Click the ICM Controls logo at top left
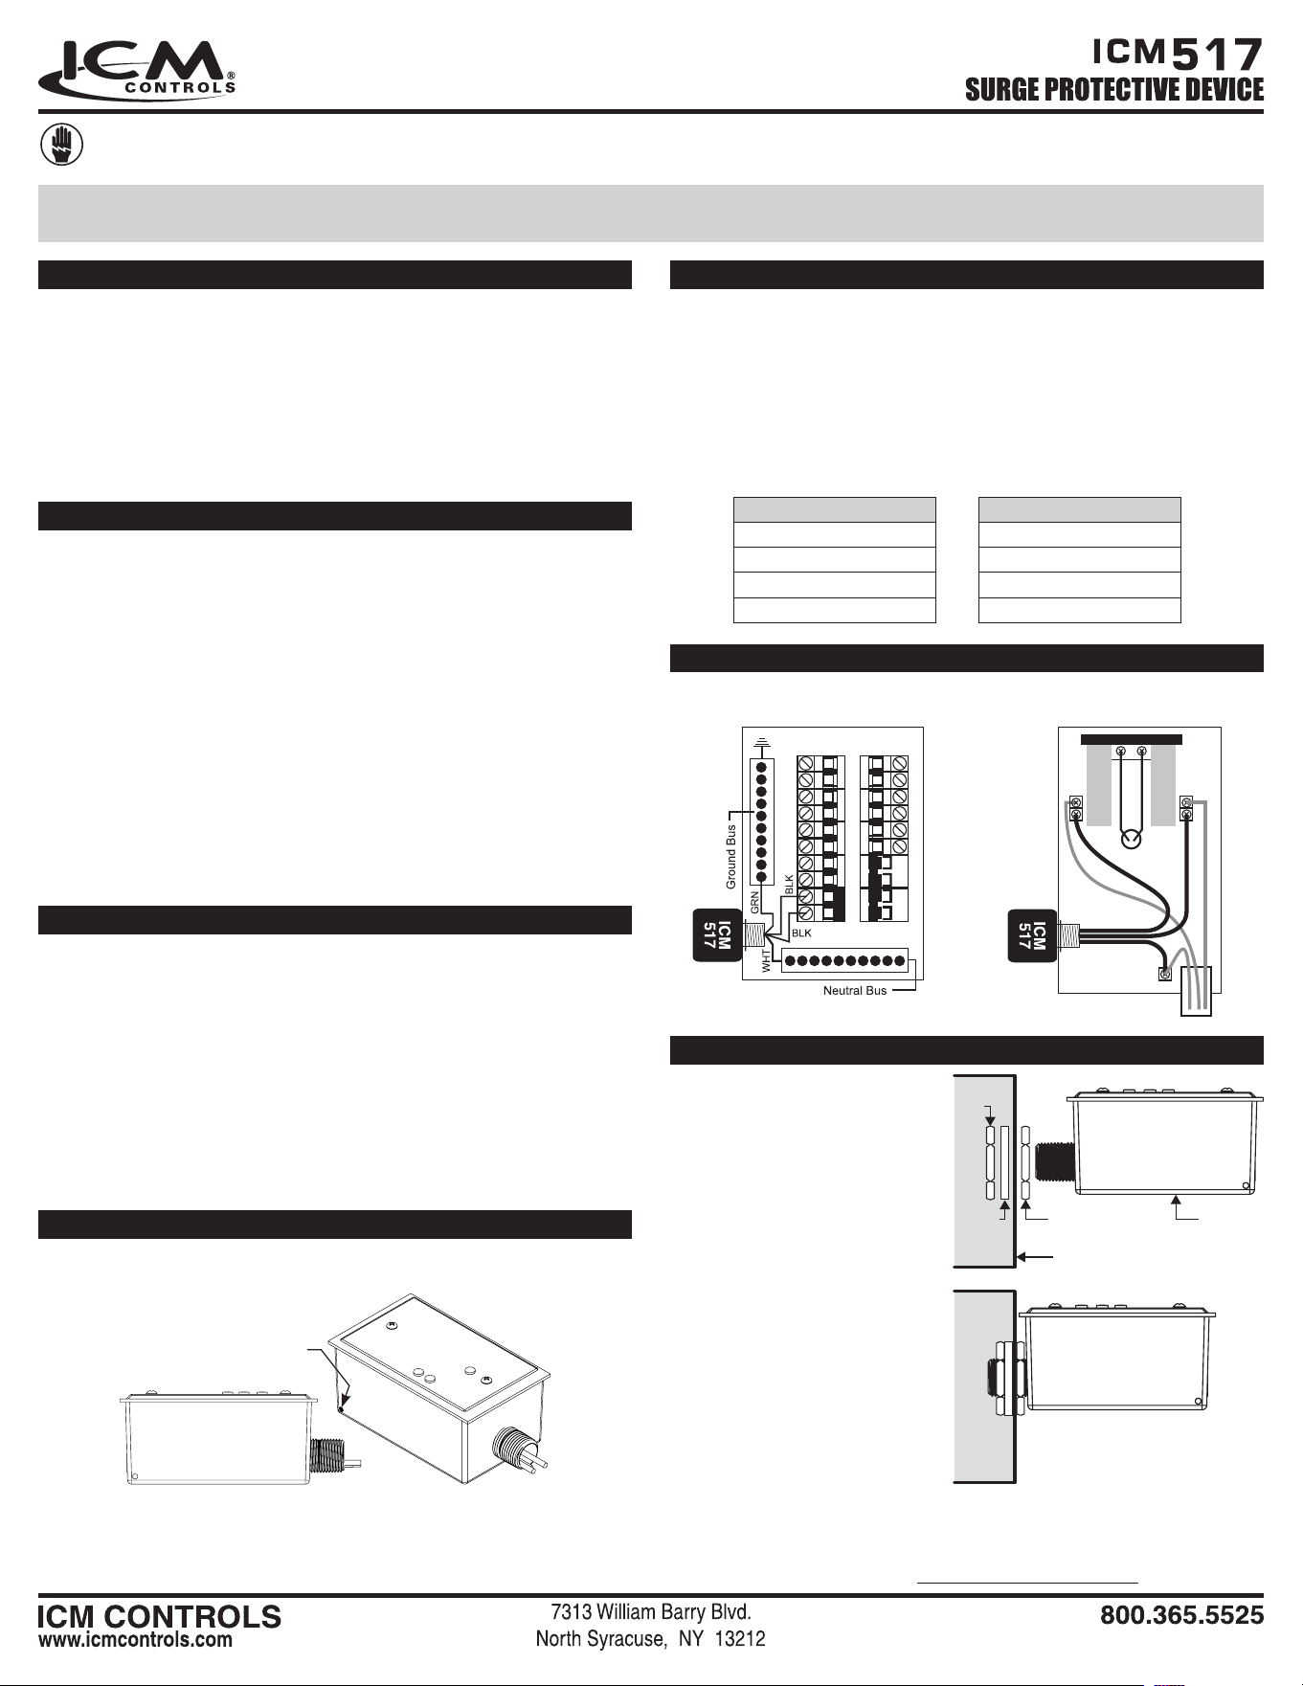tap(137, 69)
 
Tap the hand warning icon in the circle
tap(61, 146)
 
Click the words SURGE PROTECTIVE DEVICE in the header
tap(1113, 90)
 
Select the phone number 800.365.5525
tap(1181, 1615)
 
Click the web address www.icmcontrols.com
tap(135, 1639)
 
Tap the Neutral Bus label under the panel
tap(855, 990)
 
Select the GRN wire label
tap(754, 902)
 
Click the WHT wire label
tap(766, 960)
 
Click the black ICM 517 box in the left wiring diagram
tap(716, 935)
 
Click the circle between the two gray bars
tap(1132, 839)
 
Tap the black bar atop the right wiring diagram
tap(1132, 739)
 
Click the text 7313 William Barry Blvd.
tap(650, 1612)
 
